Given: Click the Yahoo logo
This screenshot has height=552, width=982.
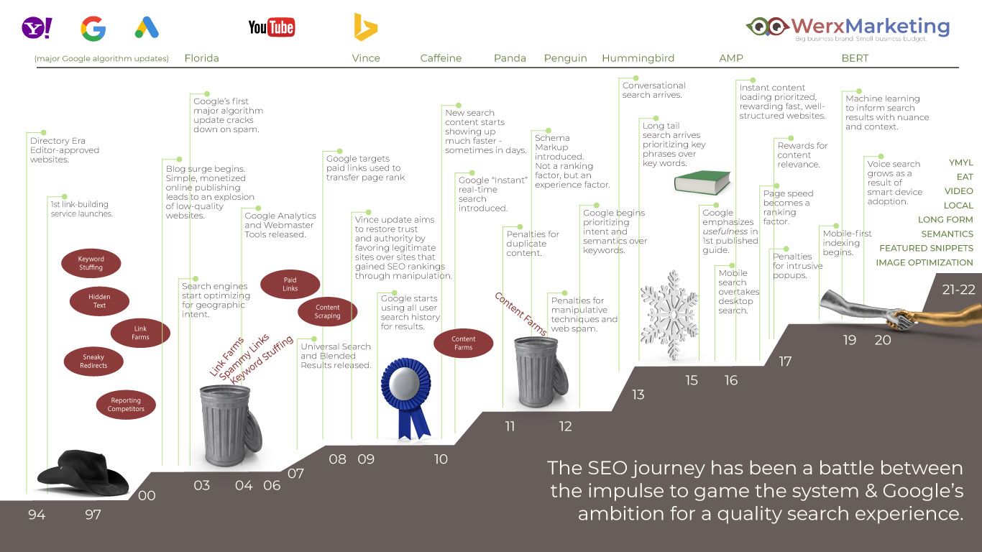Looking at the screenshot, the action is (37, 28).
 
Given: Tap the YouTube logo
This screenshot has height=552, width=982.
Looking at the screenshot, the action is (271, 27).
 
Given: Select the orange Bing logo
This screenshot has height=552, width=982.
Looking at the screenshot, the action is (365, 27).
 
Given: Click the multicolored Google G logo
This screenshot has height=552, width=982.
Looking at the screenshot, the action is (93, 29).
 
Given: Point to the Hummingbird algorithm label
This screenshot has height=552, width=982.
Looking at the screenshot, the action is (638, 58).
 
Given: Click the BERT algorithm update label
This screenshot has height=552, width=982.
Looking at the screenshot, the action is (855, 58).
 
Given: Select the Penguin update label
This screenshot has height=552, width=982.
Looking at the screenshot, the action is (565, 58).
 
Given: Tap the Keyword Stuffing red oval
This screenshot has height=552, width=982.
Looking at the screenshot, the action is (91, 263).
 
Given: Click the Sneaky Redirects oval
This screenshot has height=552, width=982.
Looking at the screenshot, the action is (93, 362).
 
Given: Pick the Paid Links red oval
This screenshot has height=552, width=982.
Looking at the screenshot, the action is (290, 284).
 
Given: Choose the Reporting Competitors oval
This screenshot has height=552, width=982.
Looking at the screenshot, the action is (126, 404).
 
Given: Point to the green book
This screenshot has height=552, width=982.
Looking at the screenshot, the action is (702, 182).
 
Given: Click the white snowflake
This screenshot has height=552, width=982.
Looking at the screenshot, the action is (669, 315).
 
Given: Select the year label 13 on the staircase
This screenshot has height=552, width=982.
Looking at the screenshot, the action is (638, 395).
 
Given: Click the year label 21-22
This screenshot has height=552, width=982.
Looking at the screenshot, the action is (959, 290).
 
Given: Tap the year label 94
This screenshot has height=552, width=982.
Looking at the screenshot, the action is (37, 515).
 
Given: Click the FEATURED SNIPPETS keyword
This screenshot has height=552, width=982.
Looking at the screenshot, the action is (926, 248).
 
